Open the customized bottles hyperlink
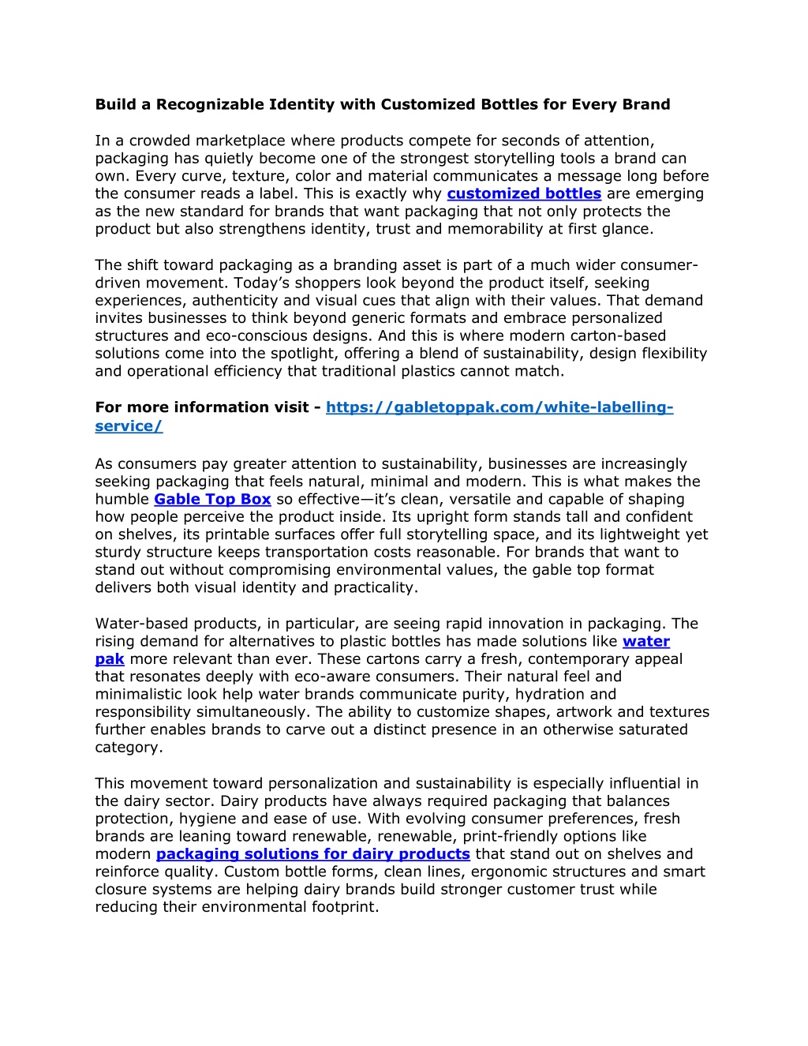[x=524, y=193]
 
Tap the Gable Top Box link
[x=212, y=499]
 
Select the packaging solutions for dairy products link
[x=312, y=853]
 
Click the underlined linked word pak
[x=110, y=658]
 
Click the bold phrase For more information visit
[x=202, y=407]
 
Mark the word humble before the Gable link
[x=122, y=499]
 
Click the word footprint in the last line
[x=346, y=906]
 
